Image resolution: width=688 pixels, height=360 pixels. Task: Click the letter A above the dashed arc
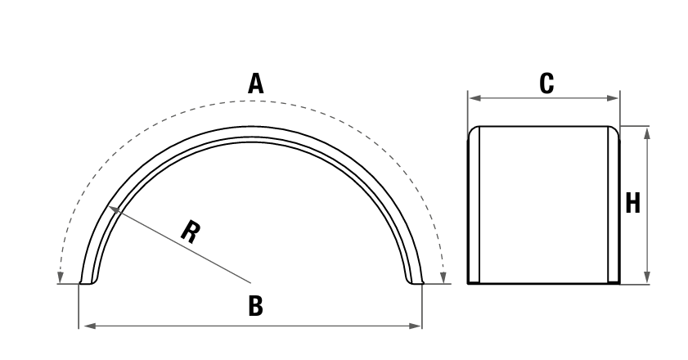click(x=256, y=83)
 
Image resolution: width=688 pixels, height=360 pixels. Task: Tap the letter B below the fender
click(x=255, y=306)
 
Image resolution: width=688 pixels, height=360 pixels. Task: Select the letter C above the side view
click(x=546, y=83)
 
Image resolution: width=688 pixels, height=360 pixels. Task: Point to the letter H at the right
click(x=632, y=203)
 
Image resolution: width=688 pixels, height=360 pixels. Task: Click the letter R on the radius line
click(x=191, y=232)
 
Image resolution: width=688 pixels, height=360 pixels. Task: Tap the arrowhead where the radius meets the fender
click(x=114, y=209)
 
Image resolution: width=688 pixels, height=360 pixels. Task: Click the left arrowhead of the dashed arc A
click(x=61, y=277)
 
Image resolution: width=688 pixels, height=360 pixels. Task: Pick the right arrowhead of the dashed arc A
click(x=443, y=277)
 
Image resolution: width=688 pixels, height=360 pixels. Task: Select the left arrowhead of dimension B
click(x=89, y=326)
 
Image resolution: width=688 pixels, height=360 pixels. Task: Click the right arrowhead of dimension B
click(x=415, y=326)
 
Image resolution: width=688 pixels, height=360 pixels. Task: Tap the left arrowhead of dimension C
click(x=475, y=98)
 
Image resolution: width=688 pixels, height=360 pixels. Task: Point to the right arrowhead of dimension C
click(x=613, y=98)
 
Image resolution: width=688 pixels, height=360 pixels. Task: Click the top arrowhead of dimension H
click(x=647, y=133)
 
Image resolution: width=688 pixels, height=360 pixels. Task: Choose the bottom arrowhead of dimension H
click(x=647, y=277)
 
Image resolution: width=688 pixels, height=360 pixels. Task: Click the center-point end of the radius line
click(x=250, y=283)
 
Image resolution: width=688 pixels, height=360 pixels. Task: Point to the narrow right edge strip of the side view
click(x=614, y=205)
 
